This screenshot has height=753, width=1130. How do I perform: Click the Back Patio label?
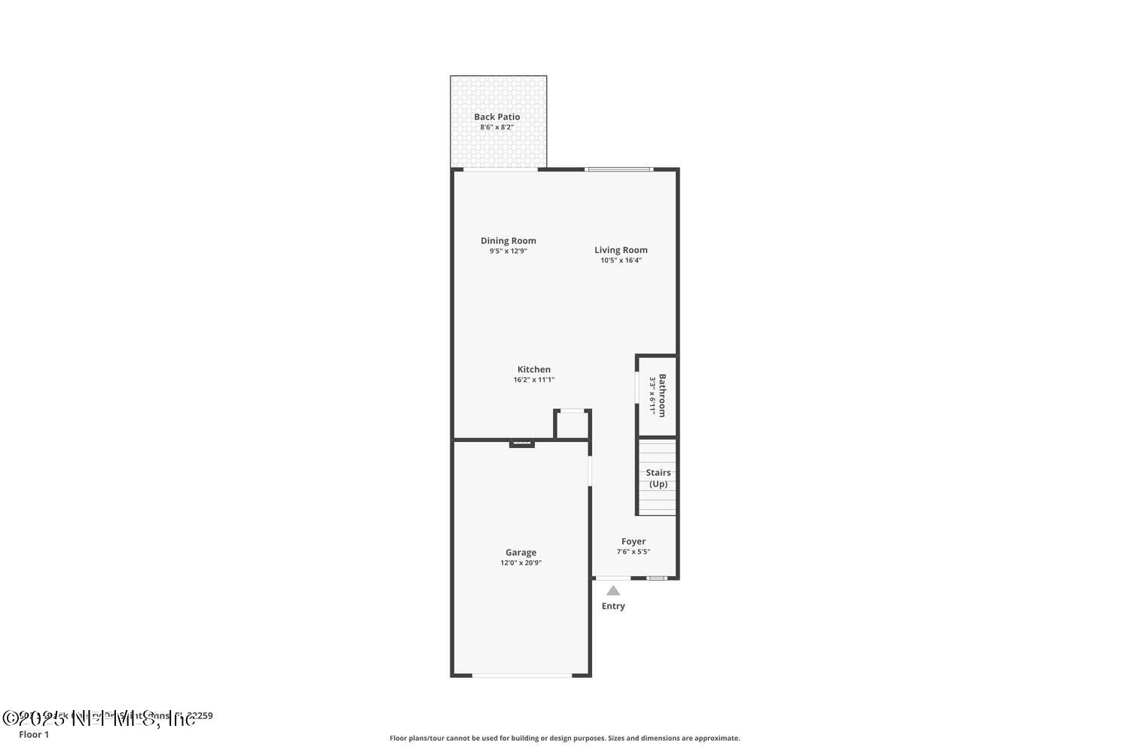coord(496,117)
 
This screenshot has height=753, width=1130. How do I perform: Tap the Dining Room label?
coord(508,241)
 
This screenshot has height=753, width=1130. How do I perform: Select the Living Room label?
coord(621,250)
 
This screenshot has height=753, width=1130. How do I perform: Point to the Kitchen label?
coord(533,369)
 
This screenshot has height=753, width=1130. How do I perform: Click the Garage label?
coord(521,552)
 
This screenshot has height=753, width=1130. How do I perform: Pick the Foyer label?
coord(634,541)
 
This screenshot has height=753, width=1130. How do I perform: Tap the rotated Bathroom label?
coord(662,395)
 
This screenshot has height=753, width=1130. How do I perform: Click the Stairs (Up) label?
coord(658,478)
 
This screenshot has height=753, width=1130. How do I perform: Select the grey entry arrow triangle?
coord(613,590)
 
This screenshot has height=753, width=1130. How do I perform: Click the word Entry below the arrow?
coord(613,606)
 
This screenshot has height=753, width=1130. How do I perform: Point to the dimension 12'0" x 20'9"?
coord(521,562)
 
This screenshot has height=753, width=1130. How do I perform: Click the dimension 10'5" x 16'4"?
coord(621,261)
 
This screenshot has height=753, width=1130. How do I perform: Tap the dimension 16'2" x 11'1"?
coord(533,380)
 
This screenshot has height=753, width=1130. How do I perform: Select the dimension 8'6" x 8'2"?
coord(496,127)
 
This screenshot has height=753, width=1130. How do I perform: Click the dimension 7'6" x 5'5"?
coord(634,551)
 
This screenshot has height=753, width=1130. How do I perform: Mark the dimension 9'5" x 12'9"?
coord(508,252)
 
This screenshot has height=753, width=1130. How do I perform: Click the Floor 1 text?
coord(34,734)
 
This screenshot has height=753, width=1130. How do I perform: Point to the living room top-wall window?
coord(618,169)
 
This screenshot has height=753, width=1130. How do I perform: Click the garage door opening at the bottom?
coord(522,675)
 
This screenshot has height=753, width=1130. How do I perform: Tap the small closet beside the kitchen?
coord(573,425)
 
